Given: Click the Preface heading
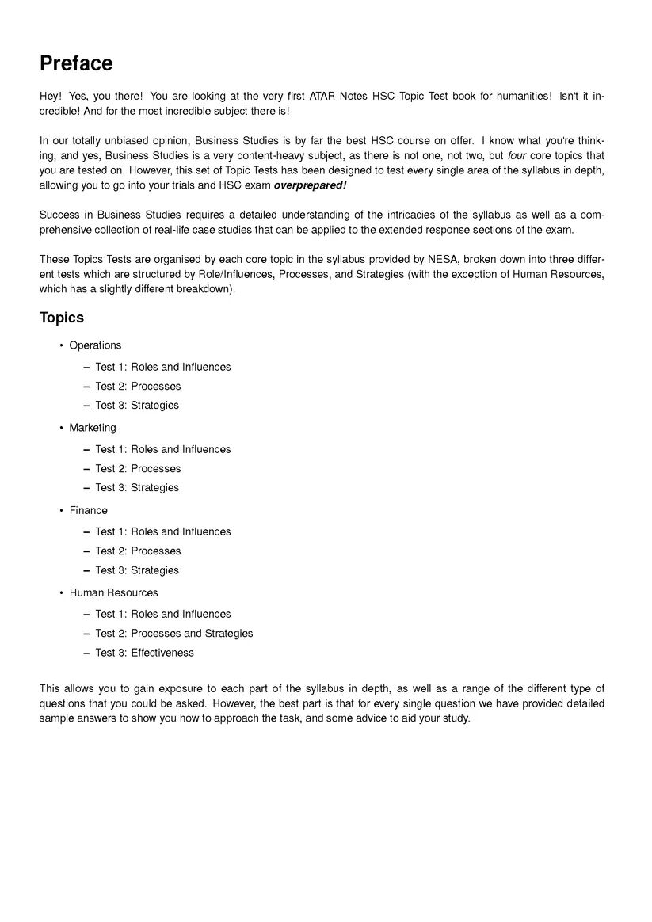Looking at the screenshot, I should coord(76,63).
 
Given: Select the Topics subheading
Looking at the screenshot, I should coord(62,318).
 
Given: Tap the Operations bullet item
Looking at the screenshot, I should coord(95,345).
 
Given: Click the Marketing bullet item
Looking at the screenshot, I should coord(93,428).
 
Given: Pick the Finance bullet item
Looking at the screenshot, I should coord(88,510).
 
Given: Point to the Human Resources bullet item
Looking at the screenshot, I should coord(113,592).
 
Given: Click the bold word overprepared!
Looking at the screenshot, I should coord(310,185).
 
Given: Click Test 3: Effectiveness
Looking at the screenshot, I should coord(144,653).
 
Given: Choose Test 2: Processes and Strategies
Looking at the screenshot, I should coord(174,634).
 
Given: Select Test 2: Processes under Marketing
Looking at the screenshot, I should coord(138,469).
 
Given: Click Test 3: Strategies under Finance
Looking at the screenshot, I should coord(137,570).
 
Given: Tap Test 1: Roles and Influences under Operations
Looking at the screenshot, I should coord(163,367).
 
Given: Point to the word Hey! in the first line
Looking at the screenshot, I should coord(51,96).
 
